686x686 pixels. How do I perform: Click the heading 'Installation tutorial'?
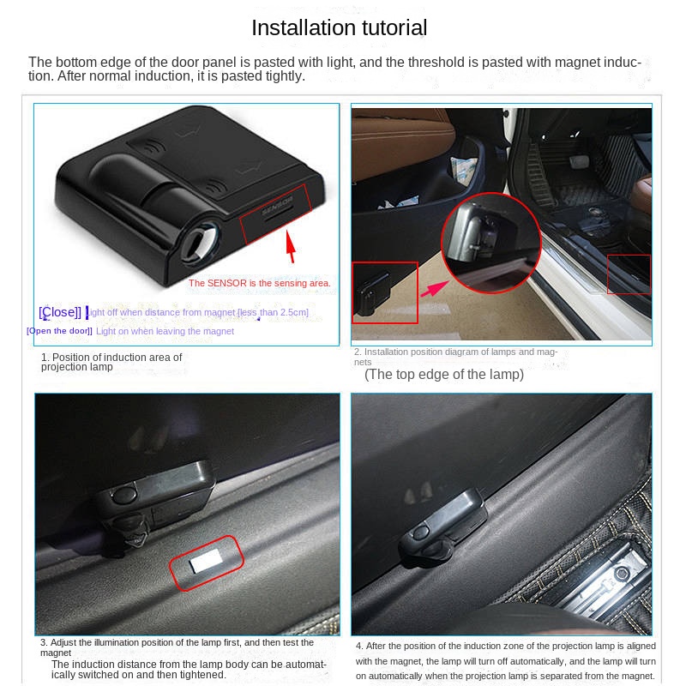(x=339, y=27)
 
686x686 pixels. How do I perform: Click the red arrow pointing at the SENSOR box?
(x=291, y=246)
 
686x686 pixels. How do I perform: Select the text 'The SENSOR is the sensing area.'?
(x=260, y=283)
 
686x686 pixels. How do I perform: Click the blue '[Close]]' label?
(x=60, y=312)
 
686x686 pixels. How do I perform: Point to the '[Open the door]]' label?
(x=59, y=331)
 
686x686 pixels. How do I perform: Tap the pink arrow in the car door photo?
(x=435, y=289)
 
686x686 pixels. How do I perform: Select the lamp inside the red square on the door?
(x=372, y=293)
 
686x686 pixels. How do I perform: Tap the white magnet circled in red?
(x=206, y=562)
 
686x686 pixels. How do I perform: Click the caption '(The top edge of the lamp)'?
(x=444, y=375)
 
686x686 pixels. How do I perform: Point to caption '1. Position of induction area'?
(x=111, y=362)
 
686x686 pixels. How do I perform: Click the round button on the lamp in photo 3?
(x=123, y=495)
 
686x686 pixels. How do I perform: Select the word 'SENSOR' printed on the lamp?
(x=277, y=206)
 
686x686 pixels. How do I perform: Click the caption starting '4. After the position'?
(x=505, y=660)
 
